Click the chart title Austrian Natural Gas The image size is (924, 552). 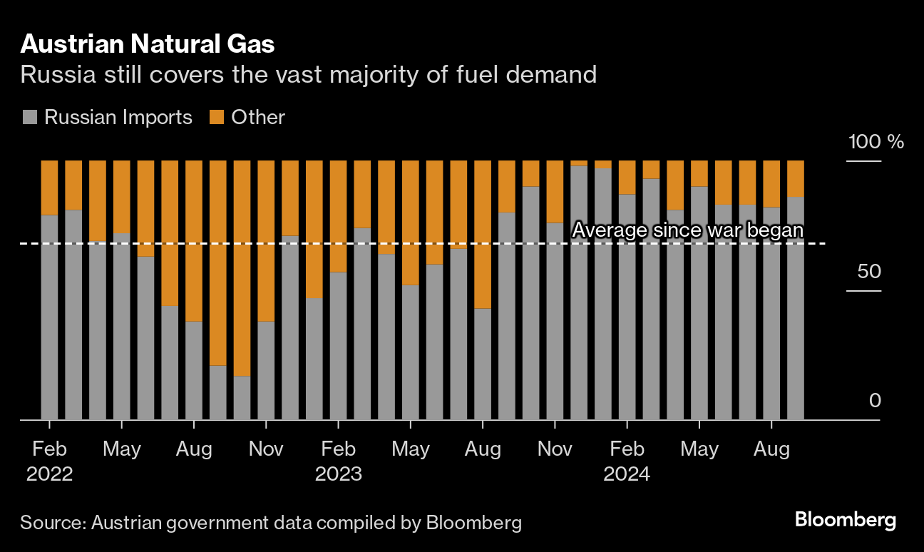[148, 45]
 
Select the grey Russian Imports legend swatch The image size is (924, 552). [29, 117]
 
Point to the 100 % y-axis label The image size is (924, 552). [876, 141]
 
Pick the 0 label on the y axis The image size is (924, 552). [875, 401]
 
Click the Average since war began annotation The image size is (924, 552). [688, 230]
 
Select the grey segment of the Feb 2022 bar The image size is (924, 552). [49, 317]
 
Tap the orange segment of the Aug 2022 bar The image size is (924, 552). [194, 241]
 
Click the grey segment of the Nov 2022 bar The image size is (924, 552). [266, 371]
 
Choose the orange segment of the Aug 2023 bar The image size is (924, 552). [483, 234]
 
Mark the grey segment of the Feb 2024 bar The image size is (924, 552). [627, 307]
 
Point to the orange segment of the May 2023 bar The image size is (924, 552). [411, 223]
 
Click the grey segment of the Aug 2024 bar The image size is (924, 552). [771, 314]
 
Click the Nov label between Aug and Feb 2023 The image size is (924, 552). [266, 449]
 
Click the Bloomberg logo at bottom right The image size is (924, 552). [846, 520]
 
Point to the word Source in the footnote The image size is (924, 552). [51, 523]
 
